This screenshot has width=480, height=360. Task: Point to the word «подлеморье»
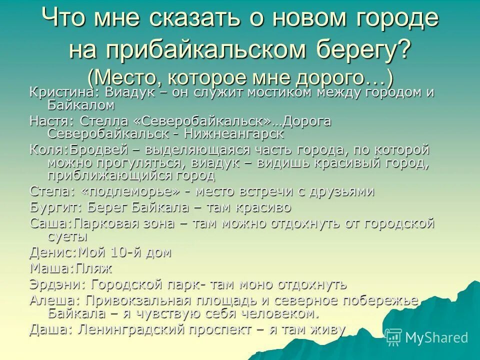[x=132, y=191]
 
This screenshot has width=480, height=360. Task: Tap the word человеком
[x=270, y=313]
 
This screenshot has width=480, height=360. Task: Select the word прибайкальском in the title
[x=189, y=49]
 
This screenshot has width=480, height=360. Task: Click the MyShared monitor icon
[x=394, y=337]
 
